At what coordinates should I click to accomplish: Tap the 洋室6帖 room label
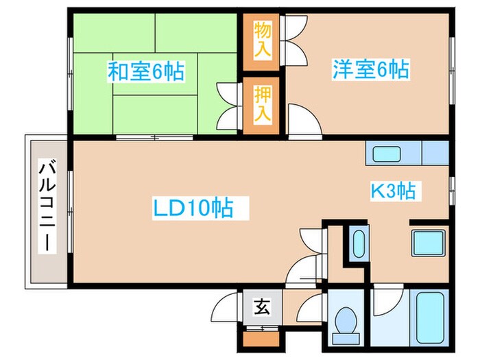[371, 71]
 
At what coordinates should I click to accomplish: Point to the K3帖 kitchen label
[393, 191]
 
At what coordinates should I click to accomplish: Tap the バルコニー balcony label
[47, 205]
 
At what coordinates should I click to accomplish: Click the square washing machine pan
[428, 243]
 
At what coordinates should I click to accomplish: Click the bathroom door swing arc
[387, 300]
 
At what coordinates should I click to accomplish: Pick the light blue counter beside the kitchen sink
[435, 152]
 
